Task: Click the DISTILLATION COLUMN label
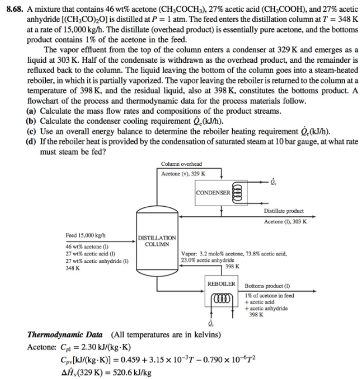[x=157, y=240]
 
